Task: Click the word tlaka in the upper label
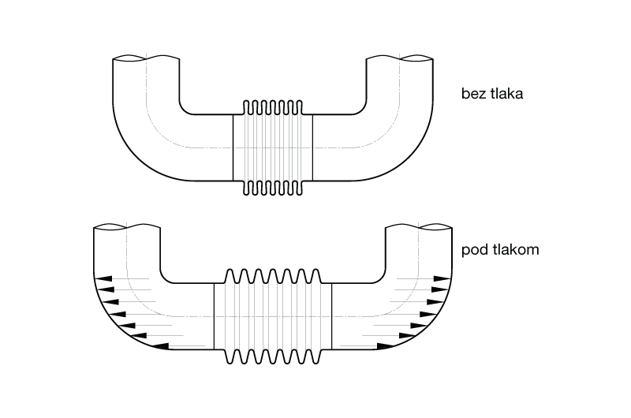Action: [x=506, y=94]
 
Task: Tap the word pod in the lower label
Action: [x=474, y=251]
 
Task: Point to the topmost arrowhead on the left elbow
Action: [x=103, y=278]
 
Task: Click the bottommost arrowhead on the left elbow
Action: [x=159, y=345]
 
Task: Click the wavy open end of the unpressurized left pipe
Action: [x=147, y=59]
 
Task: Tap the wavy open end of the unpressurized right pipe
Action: [x=398, y=59]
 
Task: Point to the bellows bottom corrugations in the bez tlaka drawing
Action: [x=273, y=188]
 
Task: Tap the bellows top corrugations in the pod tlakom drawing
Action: [x=273, y=275]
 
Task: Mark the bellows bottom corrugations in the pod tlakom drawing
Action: [x=273, y=356]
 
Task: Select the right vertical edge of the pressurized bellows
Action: [x=332, y=315]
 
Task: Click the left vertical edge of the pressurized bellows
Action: [x=215, y=315]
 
